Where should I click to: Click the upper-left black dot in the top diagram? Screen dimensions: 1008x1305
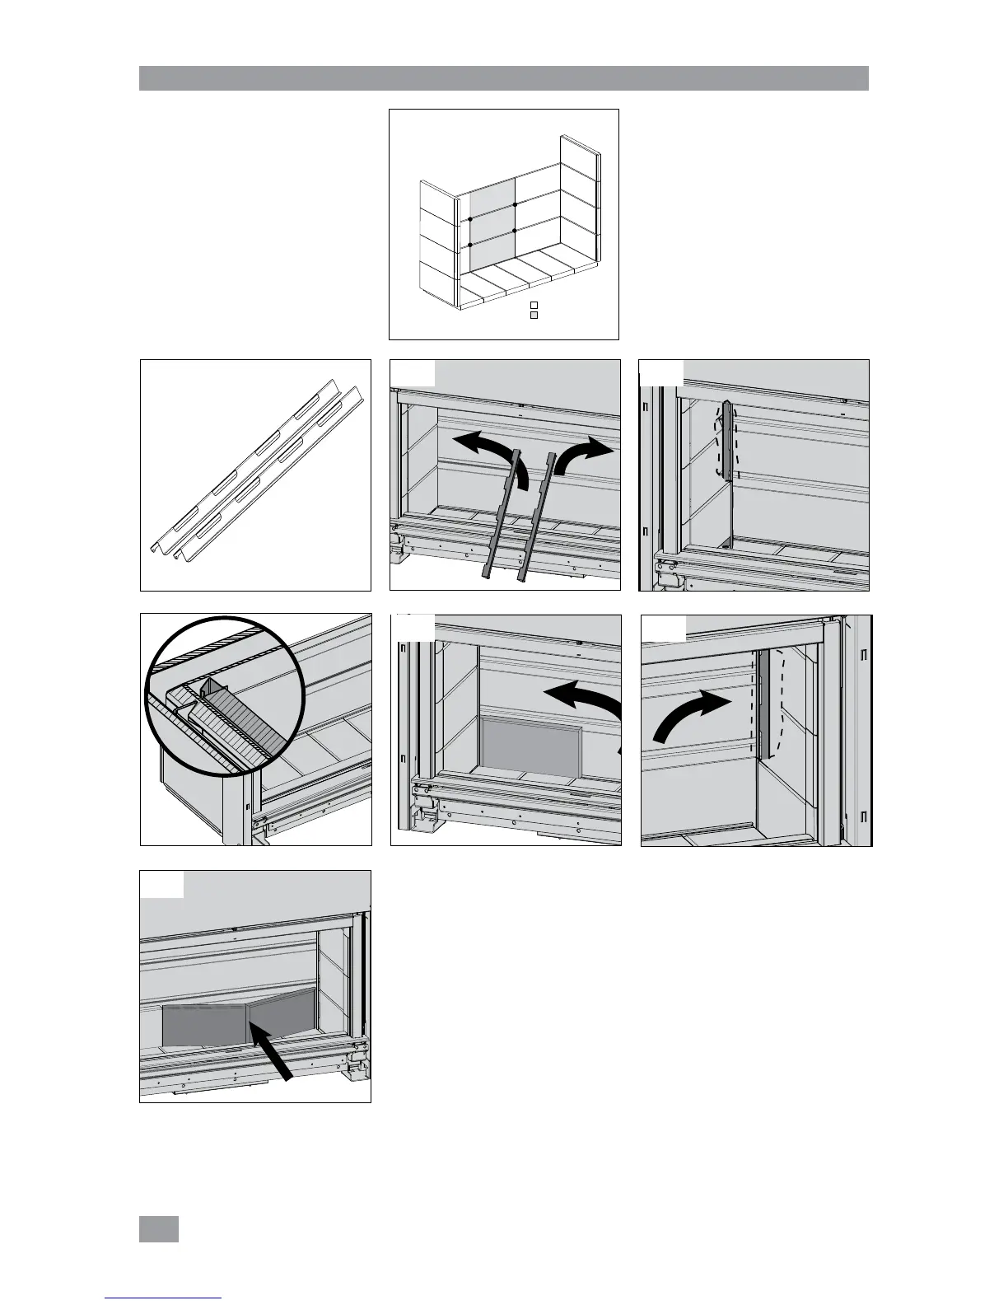tap(470, 219)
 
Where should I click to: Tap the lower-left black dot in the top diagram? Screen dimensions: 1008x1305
tap(470, 245)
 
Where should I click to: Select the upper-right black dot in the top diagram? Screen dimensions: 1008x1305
tap(515, 203)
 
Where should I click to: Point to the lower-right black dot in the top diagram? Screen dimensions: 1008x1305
tap(515, 232)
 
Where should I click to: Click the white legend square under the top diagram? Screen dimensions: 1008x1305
tap(534, 306)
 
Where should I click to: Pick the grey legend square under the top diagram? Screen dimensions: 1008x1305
tap(534, 316)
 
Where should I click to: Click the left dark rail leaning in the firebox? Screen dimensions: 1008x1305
tap(503, 519)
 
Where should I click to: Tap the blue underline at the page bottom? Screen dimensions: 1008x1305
tap(164, 1298)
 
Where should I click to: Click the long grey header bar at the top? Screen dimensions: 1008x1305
tap(504, 77)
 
